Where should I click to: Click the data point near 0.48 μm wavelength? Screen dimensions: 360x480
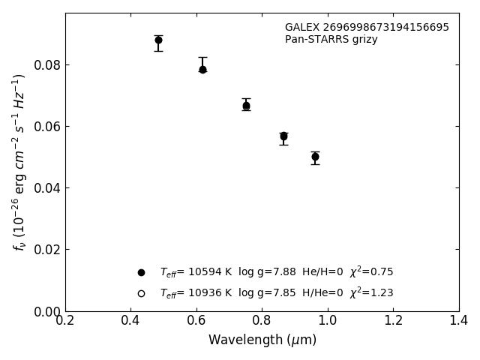[x=158, y=40]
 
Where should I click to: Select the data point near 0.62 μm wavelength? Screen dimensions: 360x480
[x=202, y=69]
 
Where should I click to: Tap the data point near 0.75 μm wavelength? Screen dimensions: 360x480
[x=246, y=106]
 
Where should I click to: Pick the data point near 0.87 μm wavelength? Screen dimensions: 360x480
[x=283, y=136]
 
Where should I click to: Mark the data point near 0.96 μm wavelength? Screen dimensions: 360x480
[x=315, y=157]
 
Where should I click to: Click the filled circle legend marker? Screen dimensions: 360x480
[x=141, y=272]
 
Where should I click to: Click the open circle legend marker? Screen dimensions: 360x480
[x=141, y=293]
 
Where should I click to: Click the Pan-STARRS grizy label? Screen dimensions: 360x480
[x=331, y=40]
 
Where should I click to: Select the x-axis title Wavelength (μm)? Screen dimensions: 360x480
[x=262, y=340]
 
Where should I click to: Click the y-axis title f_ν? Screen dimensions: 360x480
[x=19, y=161]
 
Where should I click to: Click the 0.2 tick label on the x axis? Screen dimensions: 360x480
[x=65, y=321]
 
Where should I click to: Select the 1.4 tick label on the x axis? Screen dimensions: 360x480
[x=459, y=321]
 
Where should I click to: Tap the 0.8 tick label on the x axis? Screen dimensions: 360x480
[x=262, y=321]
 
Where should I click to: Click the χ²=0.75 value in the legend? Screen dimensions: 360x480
[x=371, y=271]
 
